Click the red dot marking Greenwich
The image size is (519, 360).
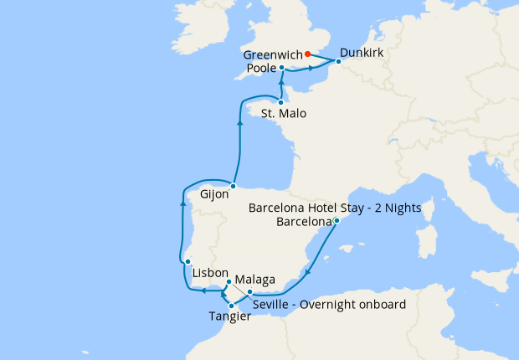(308, 54)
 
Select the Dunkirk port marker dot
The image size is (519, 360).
(338, 61)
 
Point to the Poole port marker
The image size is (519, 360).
(282, 67)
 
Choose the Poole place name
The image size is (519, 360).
(263, 67)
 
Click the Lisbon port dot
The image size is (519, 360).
(188, 262)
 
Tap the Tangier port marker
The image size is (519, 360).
(231, 306)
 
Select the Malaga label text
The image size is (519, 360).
(254, 279)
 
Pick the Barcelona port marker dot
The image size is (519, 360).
(336, 221)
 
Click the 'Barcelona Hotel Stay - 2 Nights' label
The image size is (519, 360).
(335, 207)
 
